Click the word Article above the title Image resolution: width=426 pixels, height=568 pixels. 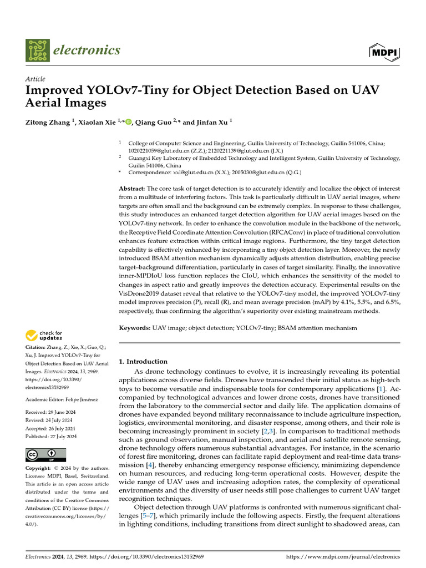[35, 79]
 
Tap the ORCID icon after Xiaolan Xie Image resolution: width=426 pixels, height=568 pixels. [129, 123]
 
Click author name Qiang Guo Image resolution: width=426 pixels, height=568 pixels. [153, 123]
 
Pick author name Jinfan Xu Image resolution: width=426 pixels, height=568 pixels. [211, 123]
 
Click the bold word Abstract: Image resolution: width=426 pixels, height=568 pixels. [133, 189]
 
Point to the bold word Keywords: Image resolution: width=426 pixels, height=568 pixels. [135, 328]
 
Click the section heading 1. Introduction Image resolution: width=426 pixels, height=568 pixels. [143, 361]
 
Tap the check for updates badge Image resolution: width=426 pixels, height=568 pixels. [44, 335]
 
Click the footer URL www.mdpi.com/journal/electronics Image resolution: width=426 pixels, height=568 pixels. [342, 556]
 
